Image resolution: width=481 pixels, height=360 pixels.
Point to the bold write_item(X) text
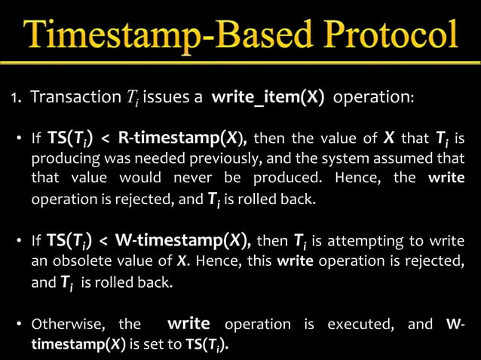(268, 99)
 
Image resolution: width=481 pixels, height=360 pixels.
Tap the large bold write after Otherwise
(188, 324)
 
